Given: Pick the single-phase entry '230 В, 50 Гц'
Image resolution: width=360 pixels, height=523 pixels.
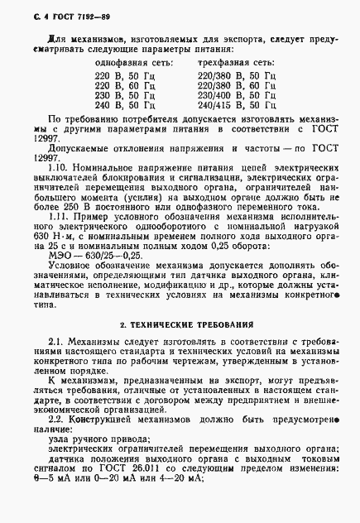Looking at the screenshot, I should pos(124,95).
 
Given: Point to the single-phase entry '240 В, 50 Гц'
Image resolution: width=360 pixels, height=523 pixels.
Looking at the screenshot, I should pos(124,106).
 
